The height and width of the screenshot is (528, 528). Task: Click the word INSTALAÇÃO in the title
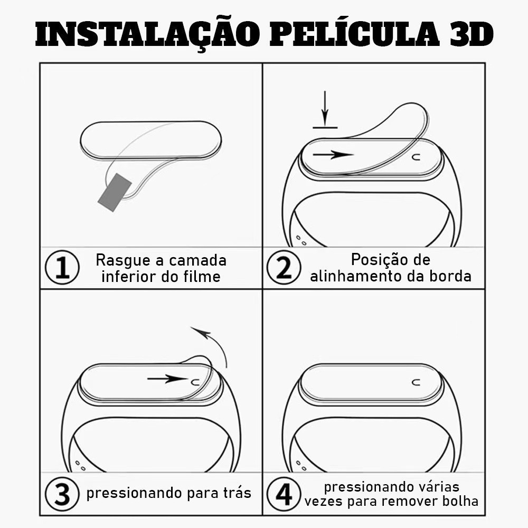pyautogui.click(x=147, y=35)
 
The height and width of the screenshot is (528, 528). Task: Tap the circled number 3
pyautogui.click(x=62, y=494)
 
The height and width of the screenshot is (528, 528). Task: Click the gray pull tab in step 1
pyautogui.click(x=115, y=193)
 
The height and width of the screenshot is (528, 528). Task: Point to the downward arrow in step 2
pyautogui.click(x=325, y=108)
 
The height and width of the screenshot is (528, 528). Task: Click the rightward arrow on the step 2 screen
pyautogui.click(x=333, y=155)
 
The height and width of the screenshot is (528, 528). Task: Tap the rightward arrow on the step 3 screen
pyautogui.click(x=167, y=379)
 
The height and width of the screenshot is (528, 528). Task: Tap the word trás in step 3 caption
pyautogui.click(x=238, y=493)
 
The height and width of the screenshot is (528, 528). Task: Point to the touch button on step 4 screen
pyautogui.click(x=417, y=382)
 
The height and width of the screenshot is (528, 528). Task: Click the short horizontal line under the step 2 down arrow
pyautogui.click(x=325, y=128)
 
